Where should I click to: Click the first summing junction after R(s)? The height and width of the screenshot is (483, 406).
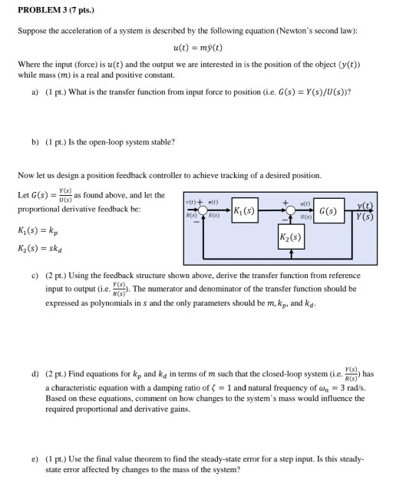pyautogui.click(x=203, y=208)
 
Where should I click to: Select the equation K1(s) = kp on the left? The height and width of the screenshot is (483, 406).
pyautogui.click(x=36, y=231)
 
